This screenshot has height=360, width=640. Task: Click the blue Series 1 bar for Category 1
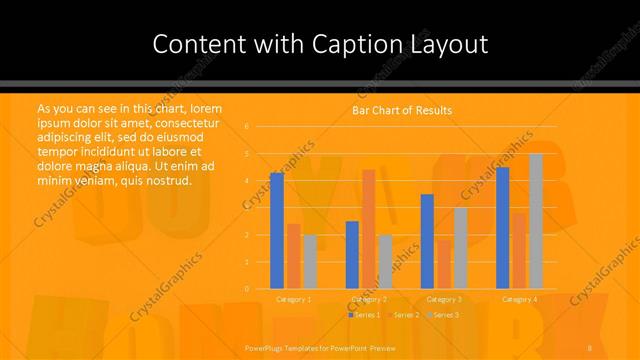277,230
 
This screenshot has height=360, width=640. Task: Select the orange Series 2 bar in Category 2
368,229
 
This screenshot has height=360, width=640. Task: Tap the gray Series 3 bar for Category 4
535,221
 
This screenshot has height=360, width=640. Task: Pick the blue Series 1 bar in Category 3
427,241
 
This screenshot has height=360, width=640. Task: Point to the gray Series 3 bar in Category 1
310,261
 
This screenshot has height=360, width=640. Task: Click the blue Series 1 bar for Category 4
502,227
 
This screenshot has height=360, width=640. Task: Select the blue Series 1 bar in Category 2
352,254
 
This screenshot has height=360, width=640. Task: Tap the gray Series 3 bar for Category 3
460,248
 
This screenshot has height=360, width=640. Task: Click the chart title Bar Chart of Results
402,110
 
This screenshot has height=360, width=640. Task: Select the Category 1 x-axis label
293,299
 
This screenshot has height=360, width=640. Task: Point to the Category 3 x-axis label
444,299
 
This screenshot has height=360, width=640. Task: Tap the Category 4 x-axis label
519,299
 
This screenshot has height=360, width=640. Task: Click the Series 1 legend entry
366,315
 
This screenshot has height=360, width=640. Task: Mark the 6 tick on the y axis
247,127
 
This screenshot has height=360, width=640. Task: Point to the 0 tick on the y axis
247,289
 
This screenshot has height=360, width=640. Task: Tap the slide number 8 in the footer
591,347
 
